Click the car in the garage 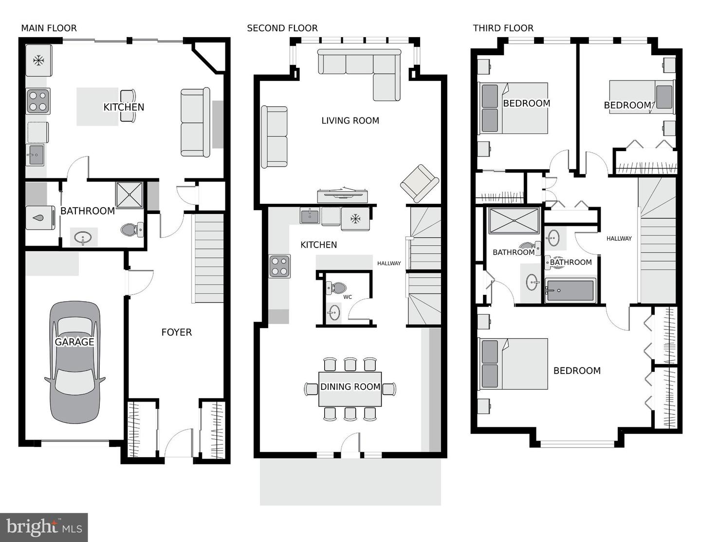point(74,362)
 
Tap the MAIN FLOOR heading point(49,28)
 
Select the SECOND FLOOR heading point(282,28)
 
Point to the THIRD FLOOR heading point(503,28)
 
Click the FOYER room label point(176,332)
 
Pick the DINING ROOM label point(350,387)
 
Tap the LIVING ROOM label point(350,121)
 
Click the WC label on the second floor point(348,297)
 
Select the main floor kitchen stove point(38,101)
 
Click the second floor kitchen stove point(279,266)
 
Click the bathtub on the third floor point(570,290)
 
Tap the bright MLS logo point(44,527)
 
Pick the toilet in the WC point(336,288)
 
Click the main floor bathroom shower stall point(129,195)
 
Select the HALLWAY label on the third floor point(619,239)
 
